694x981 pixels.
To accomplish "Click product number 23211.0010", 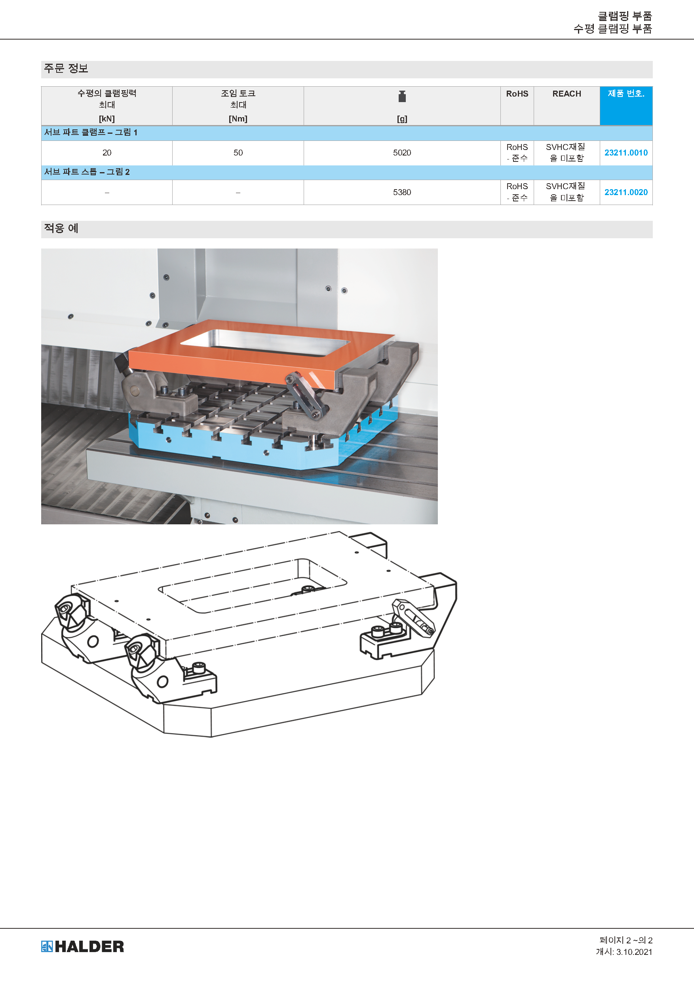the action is (626, 152).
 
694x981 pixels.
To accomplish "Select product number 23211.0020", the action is (626, 192).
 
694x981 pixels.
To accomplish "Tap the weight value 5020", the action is (402, 152).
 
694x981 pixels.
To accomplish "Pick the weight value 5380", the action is (402, 192).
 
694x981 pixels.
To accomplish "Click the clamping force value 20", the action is (107, 152).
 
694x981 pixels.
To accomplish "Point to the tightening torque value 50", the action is (238, 152).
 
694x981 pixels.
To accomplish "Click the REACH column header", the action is (567, 93).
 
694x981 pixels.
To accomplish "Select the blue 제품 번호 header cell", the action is (626, 106).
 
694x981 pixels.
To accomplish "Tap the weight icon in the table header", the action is (402, 97).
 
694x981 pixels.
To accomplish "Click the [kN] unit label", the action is (107, 119).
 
